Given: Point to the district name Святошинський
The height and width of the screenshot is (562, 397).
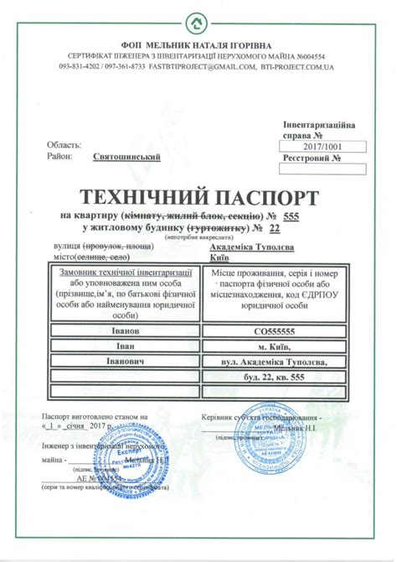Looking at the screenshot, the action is click(x=126, y=156).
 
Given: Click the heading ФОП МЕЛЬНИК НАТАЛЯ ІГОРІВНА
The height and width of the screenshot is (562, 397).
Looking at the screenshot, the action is click(x=198, y=44).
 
